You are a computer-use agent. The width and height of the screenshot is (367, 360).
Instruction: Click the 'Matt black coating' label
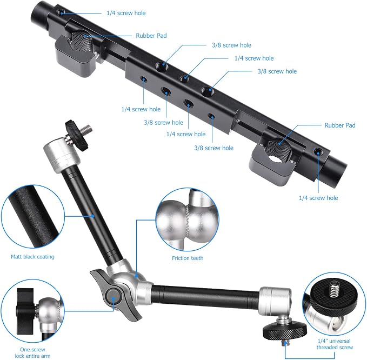[x=32, y=257]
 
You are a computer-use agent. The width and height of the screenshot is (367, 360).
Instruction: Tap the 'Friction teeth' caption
[x=188, y=258]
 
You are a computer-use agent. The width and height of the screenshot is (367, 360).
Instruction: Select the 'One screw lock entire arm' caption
[x=32, y=353]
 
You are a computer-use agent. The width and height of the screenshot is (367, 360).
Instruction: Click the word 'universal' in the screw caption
[x=339, y=341]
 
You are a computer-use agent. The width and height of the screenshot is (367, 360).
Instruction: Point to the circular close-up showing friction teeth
[x=188, y=220]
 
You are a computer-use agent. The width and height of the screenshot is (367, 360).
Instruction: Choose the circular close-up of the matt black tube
[x=33, y=217]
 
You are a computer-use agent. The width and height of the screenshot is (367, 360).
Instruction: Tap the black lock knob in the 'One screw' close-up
[x=25, y=311]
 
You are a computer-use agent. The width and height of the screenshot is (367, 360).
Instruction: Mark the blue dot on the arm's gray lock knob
[x=114, y=299]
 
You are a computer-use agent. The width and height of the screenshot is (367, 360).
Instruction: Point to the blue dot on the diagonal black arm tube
[x=92, y=216]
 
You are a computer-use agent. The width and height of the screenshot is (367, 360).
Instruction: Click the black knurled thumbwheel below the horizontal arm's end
[x=285, y=330]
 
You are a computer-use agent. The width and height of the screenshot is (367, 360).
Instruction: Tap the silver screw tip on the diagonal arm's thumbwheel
[x=87, y=128]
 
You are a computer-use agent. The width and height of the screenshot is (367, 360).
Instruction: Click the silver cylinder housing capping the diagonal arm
[x=62, y=155]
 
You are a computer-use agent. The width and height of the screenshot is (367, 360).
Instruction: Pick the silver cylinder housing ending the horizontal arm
[x=276, y=302]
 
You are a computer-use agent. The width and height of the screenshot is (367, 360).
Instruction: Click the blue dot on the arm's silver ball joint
[x=136, y=276]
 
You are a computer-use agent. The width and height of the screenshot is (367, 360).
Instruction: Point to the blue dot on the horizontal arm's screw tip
[x=285, y=343]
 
